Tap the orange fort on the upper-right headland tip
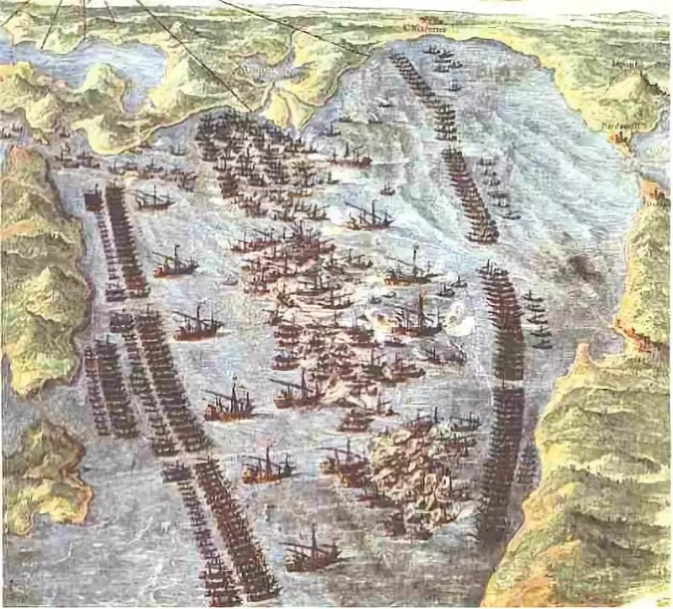[x=620, y=138]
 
